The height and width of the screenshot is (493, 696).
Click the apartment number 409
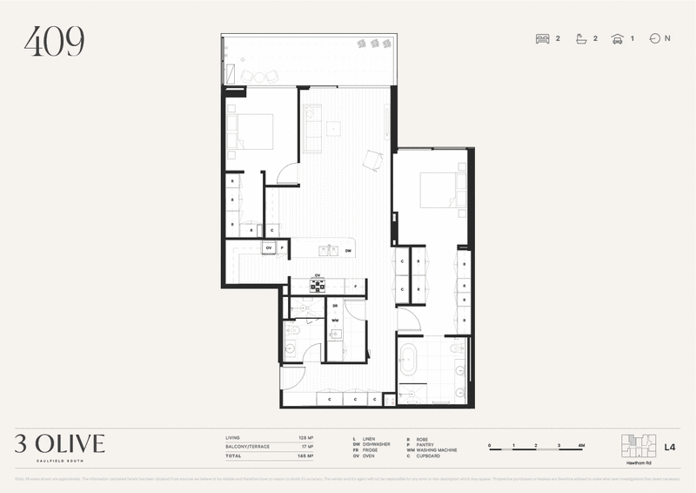click(54, 42)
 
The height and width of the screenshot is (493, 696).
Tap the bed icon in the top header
click(543, 38)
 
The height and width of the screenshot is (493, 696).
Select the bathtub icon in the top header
click(581, 38)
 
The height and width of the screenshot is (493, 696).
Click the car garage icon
click(618, 38)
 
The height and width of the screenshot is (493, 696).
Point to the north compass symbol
click(654, 38)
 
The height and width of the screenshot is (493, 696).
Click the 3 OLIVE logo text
click(59, 444)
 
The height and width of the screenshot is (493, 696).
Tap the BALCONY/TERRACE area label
click(247, 447)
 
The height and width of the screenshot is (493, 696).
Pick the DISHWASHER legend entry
click(373, 443)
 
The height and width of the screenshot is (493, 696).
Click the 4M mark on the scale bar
click(579, 445)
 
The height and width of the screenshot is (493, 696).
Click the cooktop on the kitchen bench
click(318, 285)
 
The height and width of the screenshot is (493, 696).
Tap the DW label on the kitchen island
click(347, 251)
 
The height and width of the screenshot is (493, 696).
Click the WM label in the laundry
click(335, 321)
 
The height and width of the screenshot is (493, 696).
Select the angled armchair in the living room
click(372, 159)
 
